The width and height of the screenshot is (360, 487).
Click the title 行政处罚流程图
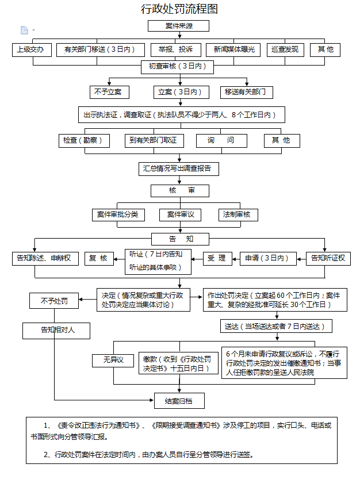coord(179,9)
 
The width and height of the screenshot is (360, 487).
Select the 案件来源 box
coord(178,26)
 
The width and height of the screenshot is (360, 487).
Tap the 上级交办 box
coord(32,49)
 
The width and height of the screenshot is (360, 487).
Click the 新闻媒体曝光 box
coord(233,49)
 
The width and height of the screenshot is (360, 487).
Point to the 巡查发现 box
coord(285,49)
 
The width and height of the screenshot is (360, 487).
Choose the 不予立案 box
coord(109,92)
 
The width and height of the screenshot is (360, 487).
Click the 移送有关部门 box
coord(246,92)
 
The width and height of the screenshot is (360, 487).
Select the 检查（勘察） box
coord(84,141)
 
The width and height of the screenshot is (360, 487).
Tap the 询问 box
coord(221,141)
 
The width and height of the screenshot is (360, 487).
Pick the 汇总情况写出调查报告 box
coord(179,169)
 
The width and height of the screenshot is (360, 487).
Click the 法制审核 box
coord(238,214)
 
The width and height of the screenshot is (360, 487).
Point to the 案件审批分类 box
coord(118,214)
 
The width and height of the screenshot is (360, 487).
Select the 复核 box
coord(99,259)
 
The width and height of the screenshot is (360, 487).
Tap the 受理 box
coord(217,259)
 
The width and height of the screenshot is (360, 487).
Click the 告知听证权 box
coord(328,259)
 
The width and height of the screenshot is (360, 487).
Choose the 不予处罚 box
coord(54,301)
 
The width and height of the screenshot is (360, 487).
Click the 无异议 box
coord(113,361)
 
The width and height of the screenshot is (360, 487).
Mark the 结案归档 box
coord(179,401)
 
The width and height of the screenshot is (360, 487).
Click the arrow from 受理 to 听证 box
coord(197,259)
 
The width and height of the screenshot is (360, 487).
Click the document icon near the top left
coord(24,30)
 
